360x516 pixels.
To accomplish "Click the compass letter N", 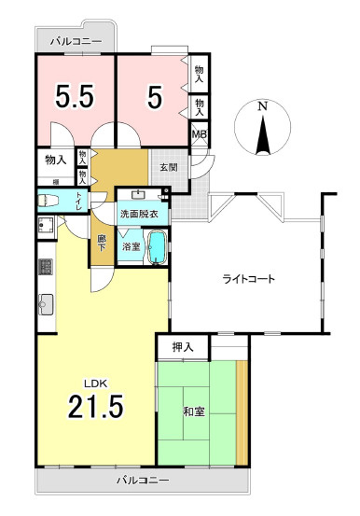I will click(x=262, y=107).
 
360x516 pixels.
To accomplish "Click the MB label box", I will click(x=199, y=134).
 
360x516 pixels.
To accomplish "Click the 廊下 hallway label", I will click(x=102, y=245).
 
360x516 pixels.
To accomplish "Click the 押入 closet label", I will click(x=183, y=347).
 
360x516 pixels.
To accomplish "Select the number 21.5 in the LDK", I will click(x=95, y=407).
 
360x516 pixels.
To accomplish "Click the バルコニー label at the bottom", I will click(x=143, y=480).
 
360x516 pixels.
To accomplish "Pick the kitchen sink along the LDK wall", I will click(x=44, y=301).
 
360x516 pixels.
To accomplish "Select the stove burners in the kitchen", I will click(x=44, y=268).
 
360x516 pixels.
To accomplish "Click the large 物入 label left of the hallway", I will click(x=55, y=160).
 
